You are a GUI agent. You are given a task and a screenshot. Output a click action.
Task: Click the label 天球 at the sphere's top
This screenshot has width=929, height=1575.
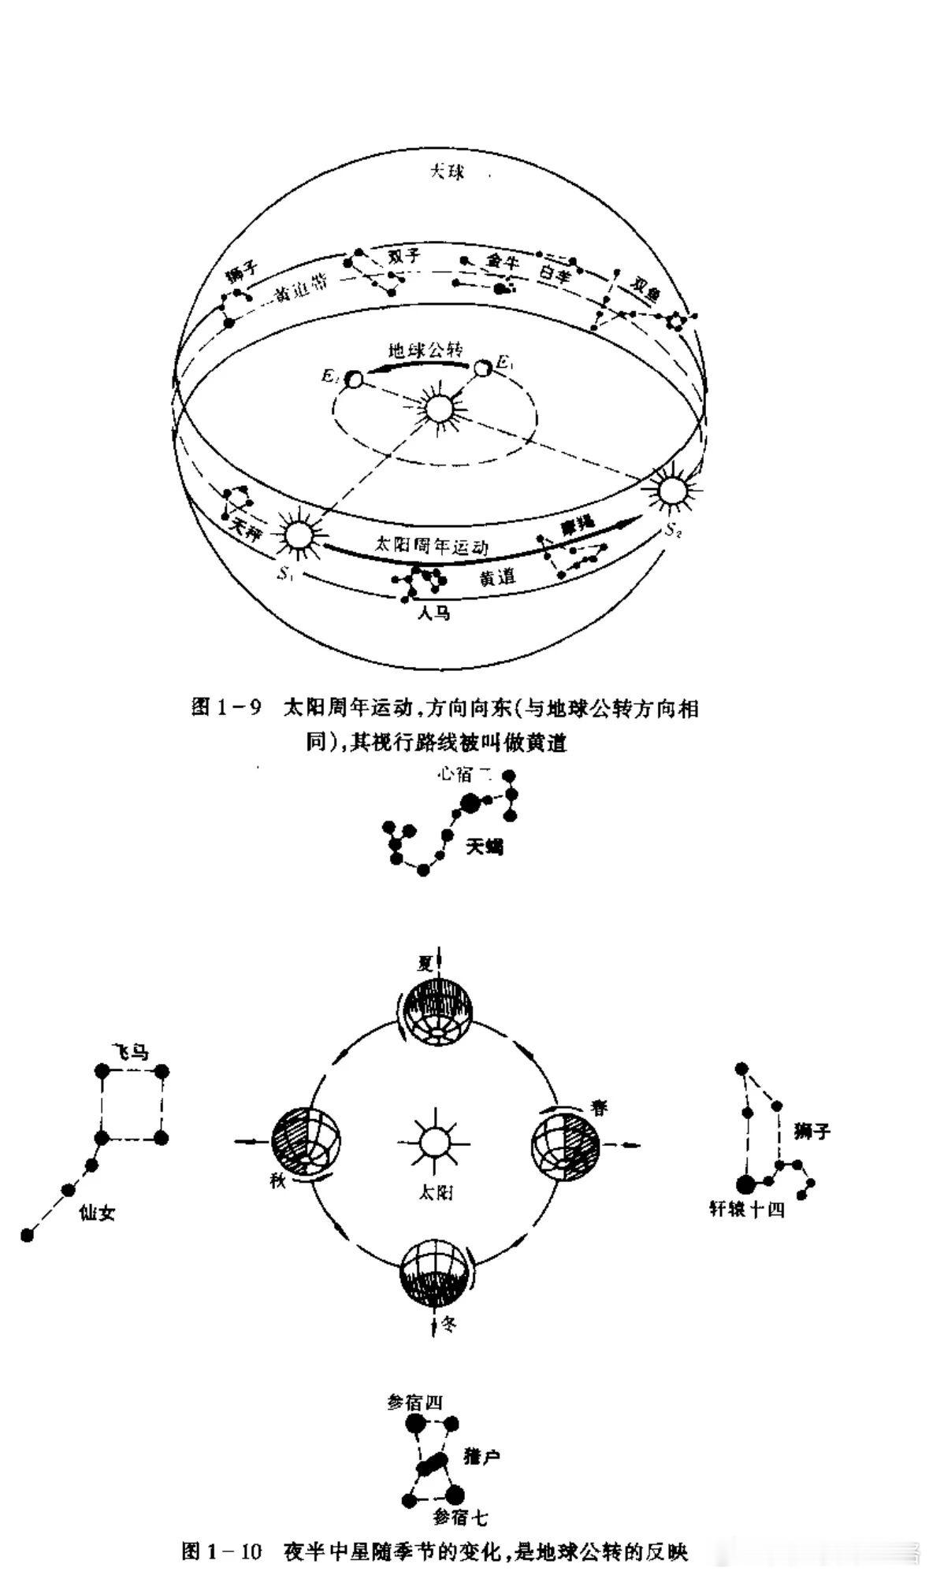[446, 172]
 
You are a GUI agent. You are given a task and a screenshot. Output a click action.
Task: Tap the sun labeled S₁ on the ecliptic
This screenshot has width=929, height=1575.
[297, 536]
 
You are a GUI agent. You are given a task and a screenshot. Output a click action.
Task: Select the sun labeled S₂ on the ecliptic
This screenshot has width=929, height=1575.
[671, 491]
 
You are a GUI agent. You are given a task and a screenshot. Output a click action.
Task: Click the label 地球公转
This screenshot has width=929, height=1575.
[425, 350]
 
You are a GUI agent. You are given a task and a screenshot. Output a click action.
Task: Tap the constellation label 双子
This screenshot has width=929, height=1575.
[405, 257]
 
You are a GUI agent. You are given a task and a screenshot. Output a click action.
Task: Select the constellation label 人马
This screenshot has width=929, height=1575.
[433, 613]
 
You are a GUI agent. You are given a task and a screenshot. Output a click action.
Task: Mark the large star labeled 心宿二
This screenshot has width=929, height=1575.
[470, 802]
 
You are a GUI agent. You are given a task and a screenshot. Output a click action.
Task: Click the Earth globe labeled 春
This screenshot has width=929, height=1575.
[564, 1143]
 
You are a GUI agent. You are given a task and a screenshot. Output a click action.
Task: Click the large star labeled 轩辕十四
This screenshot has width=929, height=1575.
[745, 1184]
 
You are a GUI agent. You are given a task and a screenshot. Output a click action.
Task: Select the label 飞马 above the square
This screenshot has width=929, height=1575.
[128, 1053]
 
